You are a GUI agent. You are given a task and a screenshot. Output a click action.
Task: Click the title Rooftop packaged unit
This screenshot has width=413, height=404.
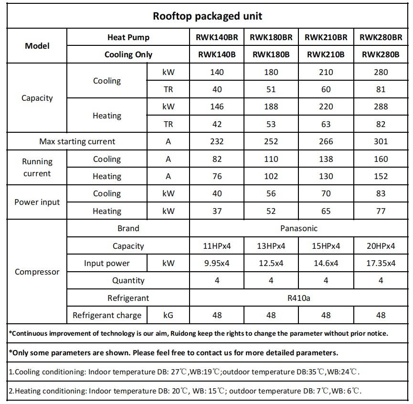click(207, 16)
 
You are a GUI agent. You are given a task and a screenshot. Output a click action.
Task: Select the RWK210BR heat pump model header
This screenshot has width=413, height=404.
click(326, 37)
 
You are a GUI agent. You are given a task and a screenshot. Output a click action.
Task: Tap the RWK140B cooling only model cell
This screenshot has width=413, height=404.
click(217, 54)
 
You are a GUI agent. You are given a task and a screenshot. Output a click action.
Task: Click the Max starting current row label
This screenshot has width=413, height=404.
click(77, 141)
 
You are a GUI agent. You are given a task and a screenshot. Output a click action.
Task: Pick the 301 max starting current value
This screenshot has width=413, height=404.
click(381, 141)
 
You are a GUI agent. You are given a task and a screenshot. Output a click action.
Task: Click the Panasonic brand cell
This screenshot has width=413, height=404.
click(299, 228)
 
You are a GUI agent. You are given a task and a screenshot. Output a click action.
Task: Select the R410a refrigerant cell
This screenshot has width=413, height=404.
click(299, 298)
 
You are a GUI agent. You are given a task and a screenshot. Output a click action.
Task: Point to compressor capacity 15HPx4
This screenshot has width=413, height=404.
click(326, 246)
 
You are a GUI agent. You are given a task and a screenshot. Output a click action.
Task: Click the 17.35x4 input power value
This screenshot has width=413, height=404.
click(381, 263)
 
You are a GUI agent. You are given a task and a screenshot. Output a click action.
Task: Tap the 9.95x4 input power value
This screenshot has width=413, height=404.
click(217, 263)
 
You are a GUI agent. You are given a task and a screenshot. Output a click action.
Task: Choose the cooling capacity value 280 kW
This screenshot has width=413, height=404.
click(381, 72)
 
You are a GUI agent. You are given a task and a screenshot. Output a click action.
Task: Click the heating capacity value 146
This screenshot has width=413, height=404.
click(217, 106)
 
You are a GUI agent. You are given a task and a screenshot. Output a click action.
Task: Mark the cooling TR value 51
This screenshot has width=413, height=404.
click(271, 89)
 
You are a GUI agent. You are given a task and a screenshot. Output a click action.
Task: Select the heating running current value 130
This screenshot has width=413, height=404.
click(326, 176)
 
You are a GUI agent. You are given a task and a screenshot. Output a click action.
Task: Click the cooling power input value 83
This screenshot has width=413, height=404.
click(381, 193)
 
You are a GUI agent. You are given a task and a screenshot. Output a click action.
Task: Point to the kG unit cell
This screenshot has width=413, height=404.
click(168, 315)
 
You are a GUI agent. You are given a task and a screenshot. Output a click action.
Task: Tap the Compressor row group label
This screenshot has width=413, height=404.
click(37, 272)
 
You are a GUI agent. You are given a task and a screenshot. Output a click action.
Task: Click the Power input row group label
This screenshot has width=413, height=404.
click(37, 202)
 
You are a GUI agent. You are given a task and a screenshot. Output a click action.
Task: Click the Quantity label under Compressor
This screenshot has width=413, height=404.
click(128, 281)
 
